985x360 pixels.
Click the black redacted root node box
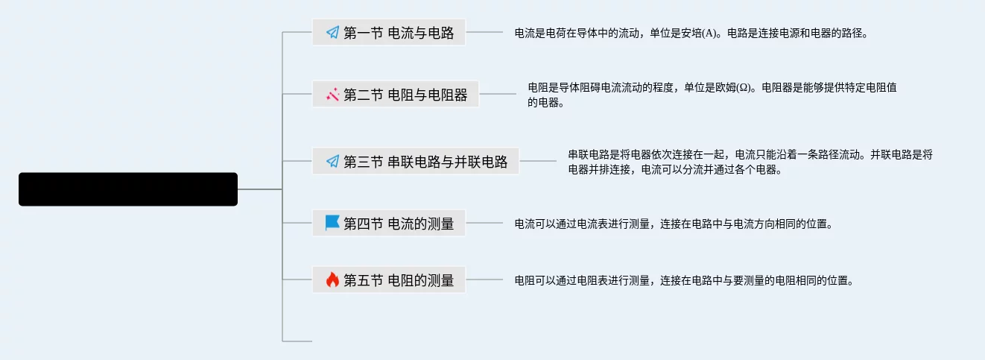127,189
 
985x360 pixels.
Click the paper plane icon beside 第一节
332,33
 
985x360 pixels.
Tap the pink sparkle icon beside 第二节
332,95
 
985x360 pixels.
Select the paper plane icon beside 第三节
332,162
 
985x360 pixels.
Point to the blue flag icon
332,223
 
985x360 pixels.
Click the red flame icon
332,280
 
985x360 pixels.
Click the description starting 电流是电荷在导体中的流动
691,34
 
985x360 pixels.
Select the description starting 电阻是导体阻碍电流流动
712,95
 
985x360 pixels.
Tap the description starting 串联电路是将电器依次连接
750,162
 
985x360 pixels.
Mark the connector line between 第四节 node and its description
484,223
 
